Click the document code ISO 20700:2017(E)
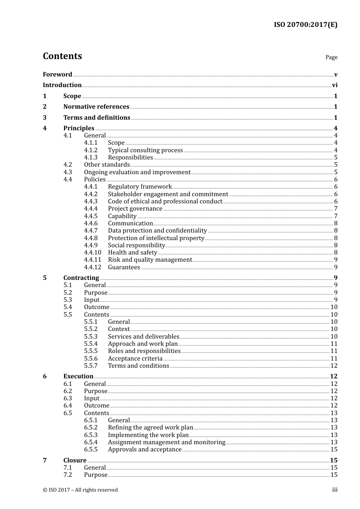(x=305, y=25)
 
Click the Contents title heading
(x=62, y=56)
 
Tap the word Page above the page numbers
(x=331, y=57)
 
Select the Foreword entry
(x=57, y=75)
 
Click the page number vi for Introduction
(x=335, y=85)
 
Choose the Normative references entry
(x=96, y=107)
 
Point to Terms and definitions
(x=97, y=118)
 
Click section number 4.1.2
(x=91, y=150)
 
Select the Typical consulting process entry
(x=145, y=150)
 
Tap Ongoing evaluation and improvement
(x=137, y=172)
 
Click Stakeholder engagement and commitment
(x=168, y=194)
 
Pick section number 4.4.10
(x=92, y=253)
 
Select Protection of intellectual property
(x=156, y=238)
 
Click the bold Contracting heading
(x=81, y=278)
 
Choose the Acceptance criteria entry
(x=135, y=359)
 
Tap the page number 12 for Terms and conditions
(x=334, y=366)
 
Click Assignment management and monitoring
(x=166, y=442)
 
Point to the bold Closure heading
(x=75, y=461)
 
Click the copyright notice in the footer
(x=80, y=490)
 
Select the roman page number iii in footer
(x=335, y=490)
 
